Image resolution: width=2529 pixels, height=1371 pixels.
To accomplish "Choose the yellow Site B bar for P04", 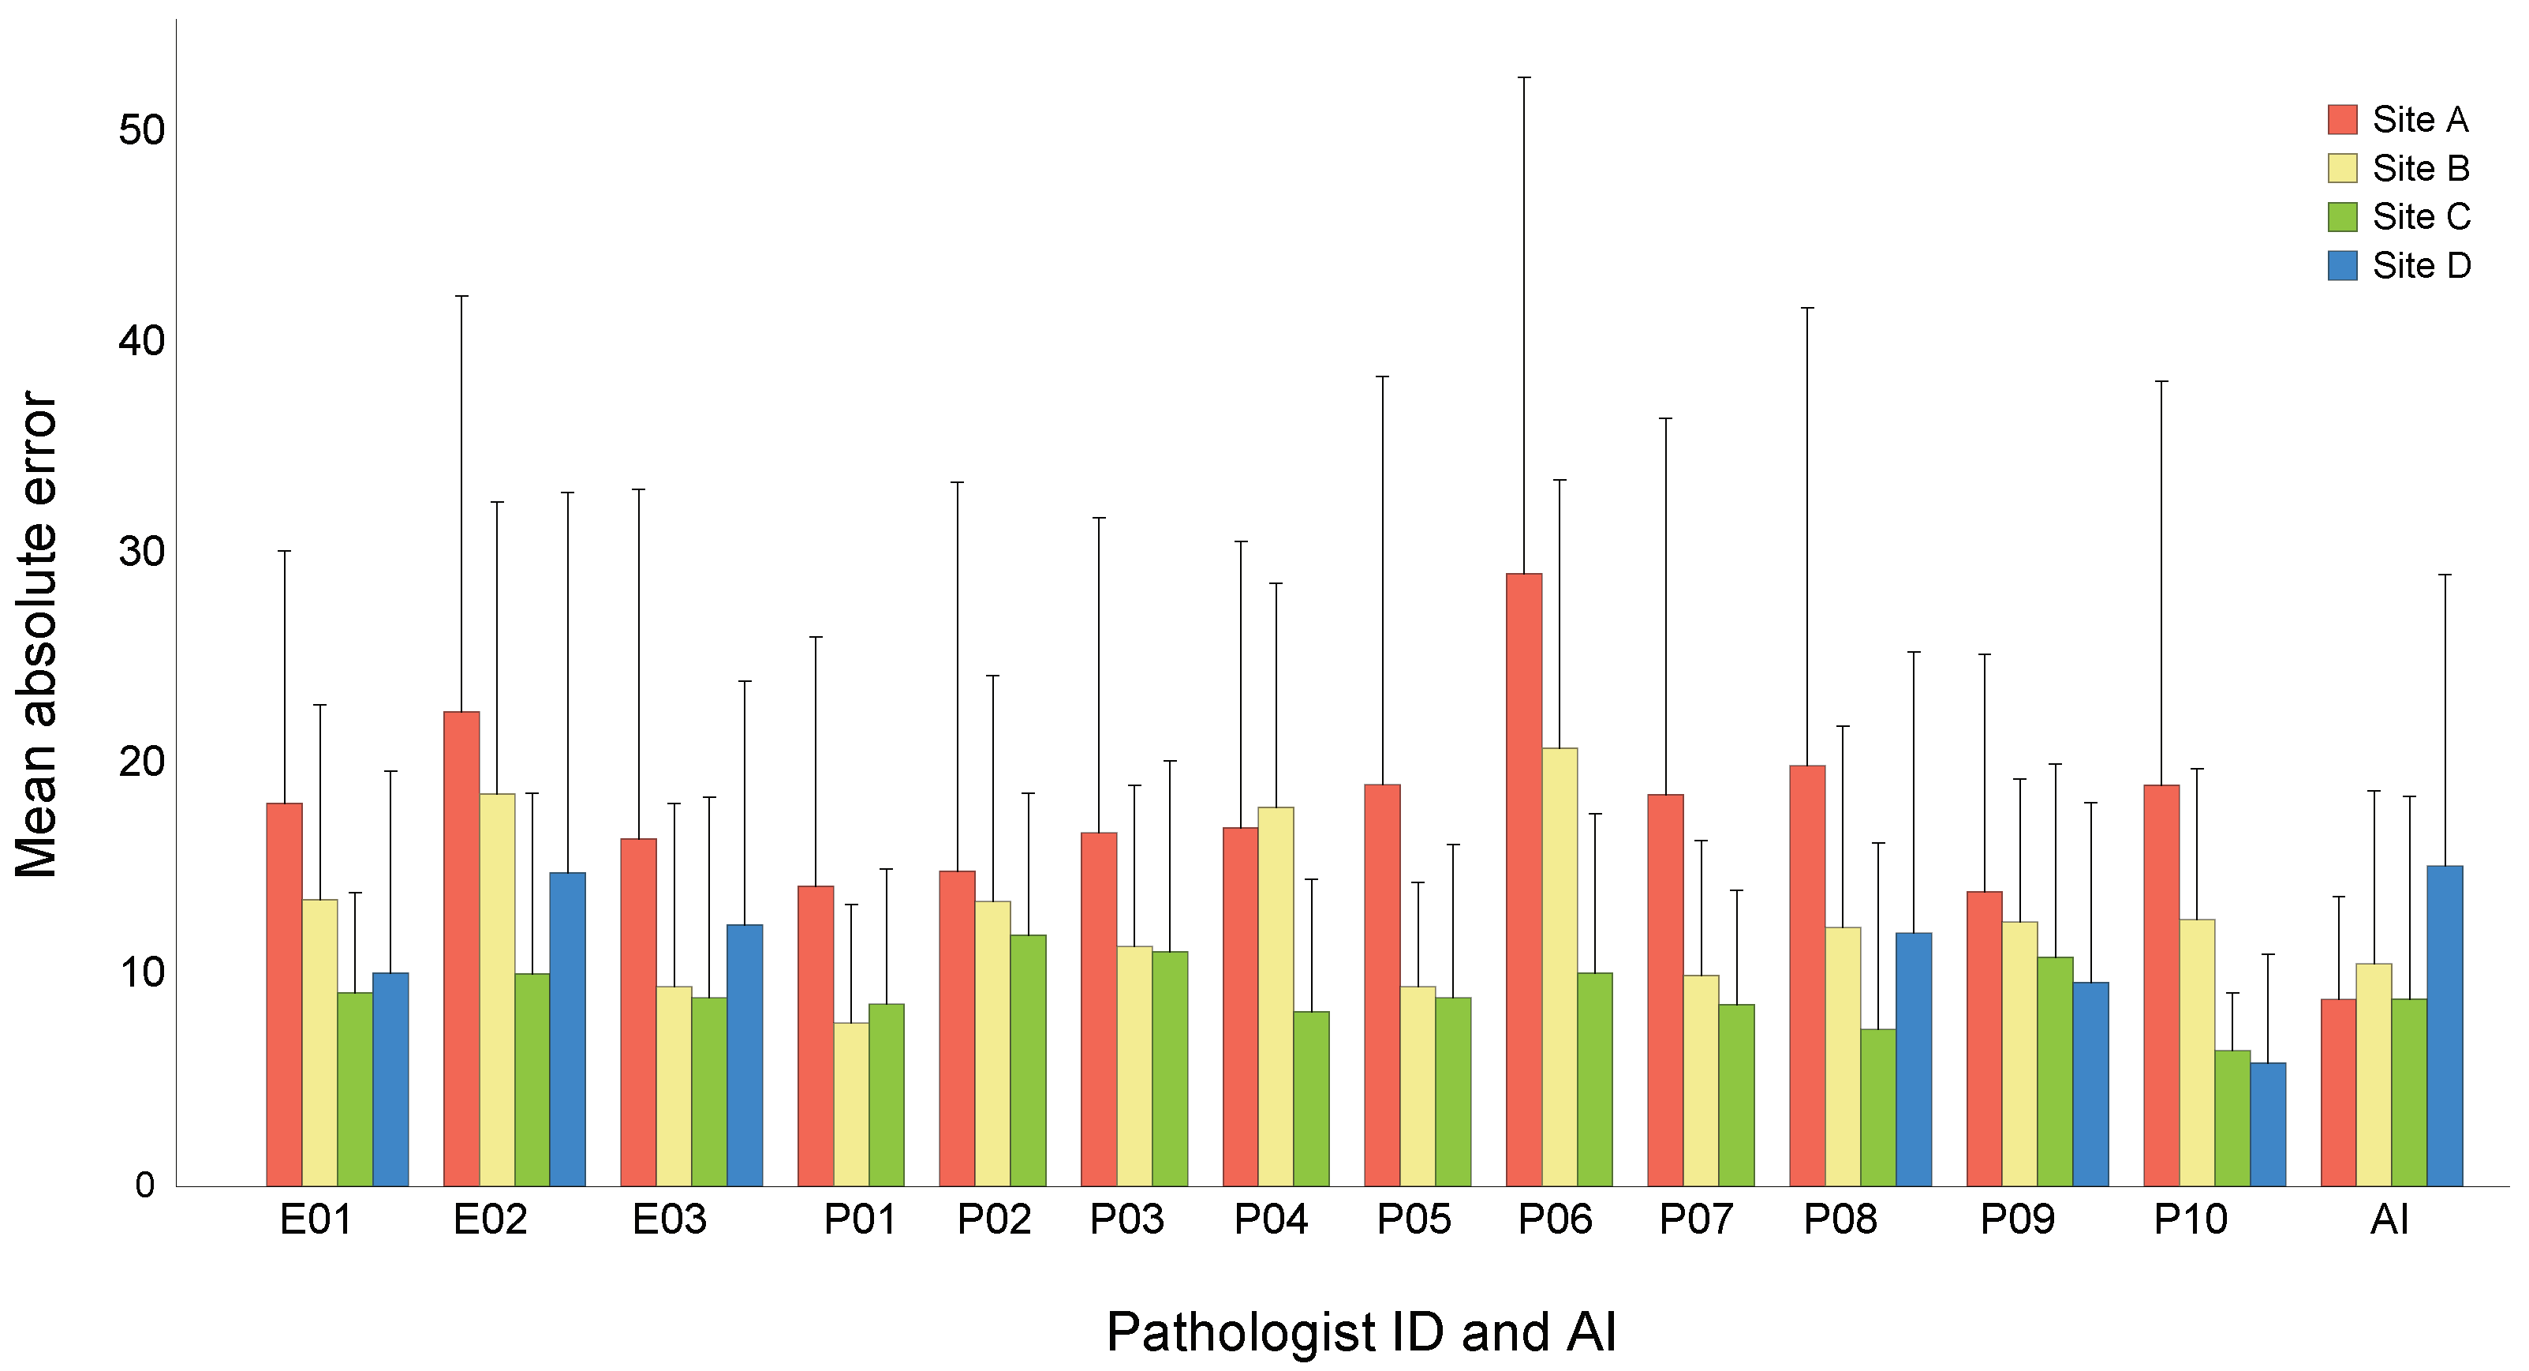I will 1276,996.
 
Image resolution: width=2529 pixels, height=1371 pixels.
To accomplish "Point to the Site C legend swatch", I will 2343,217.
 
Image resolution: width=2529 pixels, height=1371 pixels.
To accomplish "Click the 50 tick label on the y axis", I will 141,129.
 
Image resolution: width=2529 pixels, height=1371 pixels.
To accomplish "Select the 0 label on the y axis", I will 145,1185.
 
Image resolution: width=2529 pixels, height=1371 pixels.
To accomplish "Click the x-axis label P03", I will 1126,1219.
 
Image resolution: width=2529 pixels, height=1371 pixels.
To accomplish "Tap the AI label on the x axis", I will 2389,1219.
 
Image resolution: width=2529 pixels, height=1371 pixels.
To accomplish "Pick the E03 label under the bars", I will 669,1219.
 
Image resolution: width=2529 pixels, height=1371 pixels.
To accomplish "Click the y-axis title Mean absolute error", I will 37,634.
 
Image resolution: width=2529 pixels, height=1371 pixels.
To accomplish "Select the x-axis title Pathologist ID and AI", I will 1361,1332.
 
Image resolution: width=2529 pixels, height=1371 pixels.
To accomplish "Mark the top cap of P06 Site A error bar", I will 1524,77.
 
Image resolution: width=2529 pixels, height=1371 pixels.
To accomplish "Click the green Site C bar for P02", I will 1028,1060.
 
